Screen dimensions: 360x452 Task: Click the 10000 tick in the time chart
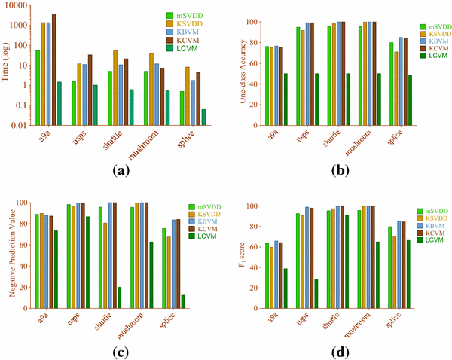tap(19, 6)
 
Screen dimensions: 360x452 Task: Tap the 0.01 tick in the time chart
tap(22, 125)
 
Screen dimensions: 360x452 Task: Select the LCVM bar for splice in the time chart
tap(203, 117)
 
